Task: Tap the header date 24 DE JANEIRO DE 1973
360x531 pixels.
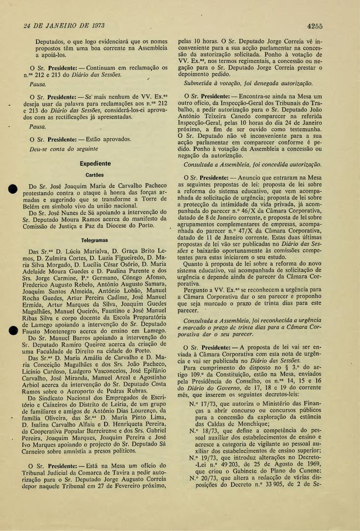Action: tap(59, 26)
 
